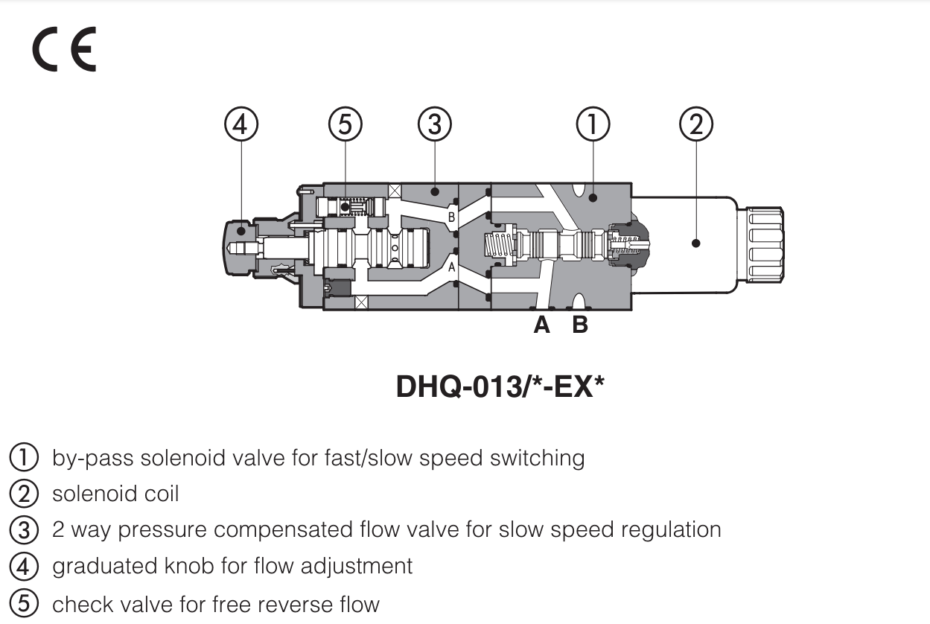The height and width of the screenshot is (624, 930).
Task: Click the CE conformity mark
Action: click(x=64, y=51)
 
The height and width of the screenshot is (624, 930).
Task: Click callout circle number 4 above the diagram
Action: click(x=241, y=124)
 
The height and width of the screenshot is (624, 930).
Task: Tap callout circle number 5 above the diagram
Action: click(x=345, y=124)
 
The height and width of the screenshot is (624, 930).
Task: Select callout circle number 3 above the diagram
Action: click(x=435, y=124)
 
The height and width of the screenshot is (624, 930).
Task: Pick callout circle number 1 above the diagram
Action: click(x=593, y=124)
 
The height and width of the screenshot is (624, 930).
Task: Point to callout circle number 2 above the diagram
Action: click(x=696, y=124)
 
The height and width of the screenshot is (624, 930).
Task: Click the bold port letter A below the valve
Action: click(x=541, y=325)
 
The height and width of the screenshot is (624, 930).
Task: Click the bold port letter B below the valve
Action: click(x=579, y=325)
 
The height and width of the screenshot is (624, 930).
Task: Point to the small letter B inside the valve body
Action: click(x=450, y=217)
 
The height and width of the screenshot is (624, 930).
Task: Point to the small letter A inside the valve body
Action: click(x=450, y=267)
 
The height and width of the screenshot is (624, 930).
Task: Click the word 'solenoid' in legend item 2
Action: click(x=84, y=493)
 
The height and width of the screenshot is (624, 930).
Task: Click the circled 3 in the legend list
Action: click(x=23, y=529)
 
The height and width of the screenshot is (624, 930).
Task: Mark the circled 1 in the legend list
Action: click(x=23, y=456)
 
